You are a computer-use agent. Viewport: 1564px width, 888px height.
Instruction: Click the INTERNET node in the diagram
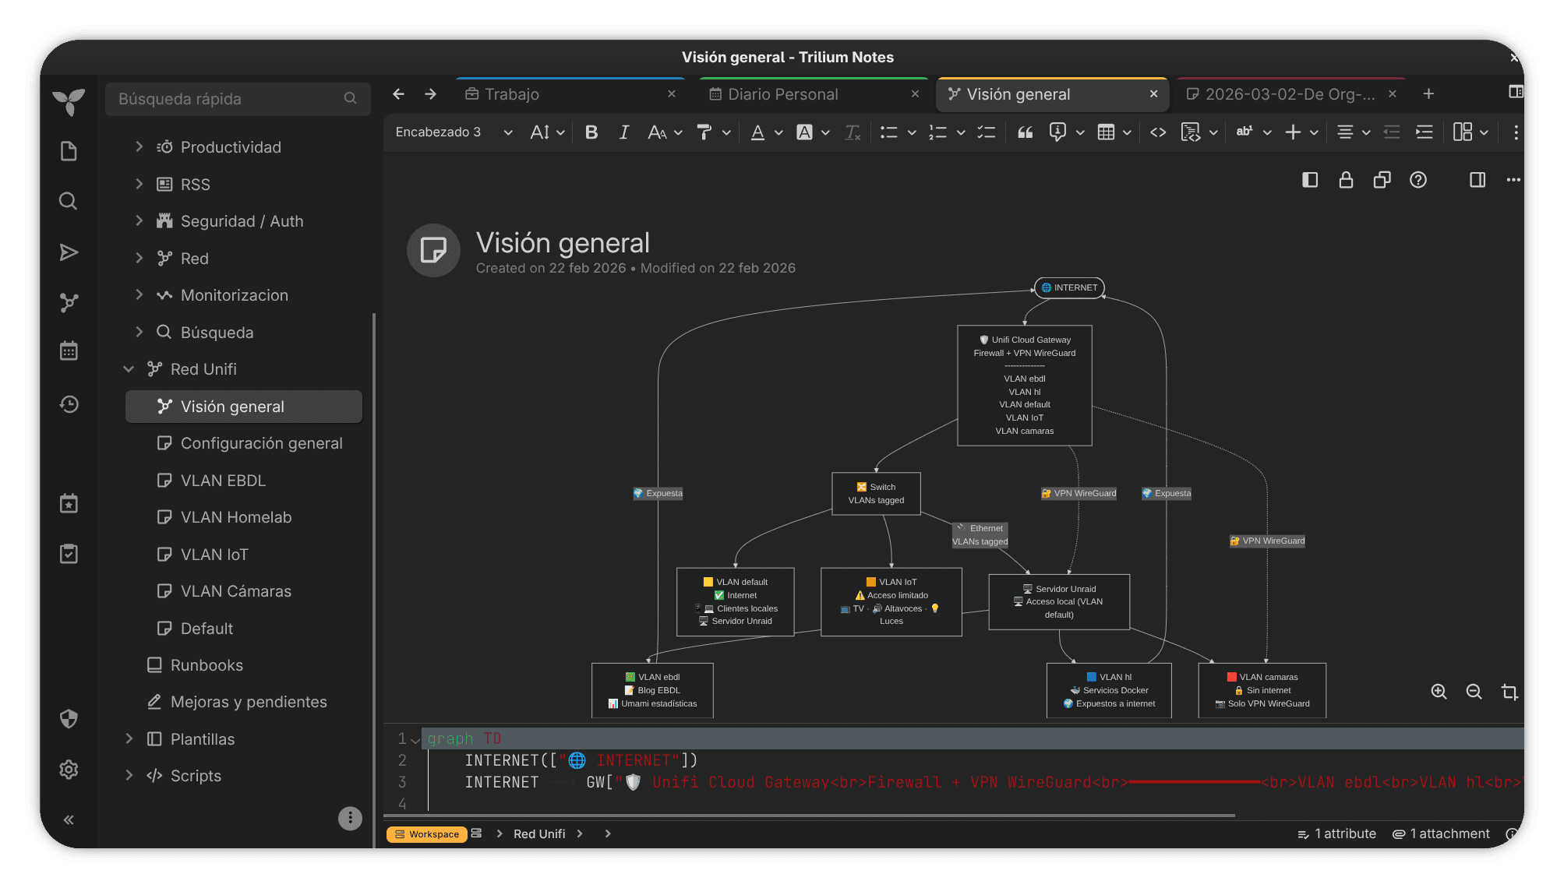[x=1068, y=287]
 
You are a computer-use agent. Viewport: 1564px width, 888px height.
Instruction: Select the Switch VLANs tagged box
[x=876, y=494]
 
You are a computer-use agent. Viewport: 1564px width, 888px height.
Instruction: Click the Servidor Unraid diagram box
[x=1058, y=601]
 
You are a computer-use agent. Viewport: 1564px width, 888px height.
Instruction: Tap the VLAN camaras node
[x=1262, y=690]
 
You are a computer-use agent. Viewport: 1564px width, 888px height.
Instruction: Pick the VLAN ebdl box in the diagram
[x=652, y=690]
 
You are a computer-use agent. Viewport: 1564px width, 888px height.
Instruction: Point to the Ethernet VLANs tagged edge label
[x=980, y=535]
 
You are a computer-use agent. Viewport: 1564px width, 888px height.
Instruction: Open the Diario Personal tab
[x=782, y=94]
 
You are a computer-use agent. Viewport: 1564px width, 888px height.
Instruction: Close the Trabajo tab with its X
[x=671, y=93]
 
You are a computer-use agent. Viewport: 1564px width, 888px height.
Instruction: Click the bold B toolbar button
[x=591, y=132]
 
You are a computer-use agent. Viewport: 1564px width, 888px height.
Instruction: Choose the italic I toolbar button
[x=623, y=132]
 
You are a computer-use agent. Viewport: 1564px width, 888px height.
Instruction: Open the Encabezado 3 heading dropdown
[x=454, y=132]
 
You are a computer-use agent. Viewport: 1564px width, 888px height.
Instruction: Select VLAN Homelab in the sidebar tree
[x=236, y=517]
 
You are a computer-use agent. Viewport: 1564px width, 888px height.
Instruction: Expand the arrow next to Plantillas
[x=129, y=738]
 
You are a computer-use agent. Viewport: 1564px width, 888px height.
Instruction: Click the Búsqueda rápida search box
[x=238, y=99]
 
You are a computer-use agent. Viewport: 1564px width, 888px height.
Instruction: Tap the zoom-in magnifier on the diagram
[x=1439, y=692]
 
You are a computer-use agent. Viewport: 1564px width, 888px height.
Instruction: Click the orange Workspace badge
[x=427, y=834]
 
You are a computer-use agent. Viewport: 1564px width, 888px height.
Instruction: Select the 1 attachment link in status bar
[x=1441, y=834]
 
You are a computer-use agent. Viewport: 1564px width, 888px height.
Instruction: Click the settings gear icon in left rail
[x=69, y=770]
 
